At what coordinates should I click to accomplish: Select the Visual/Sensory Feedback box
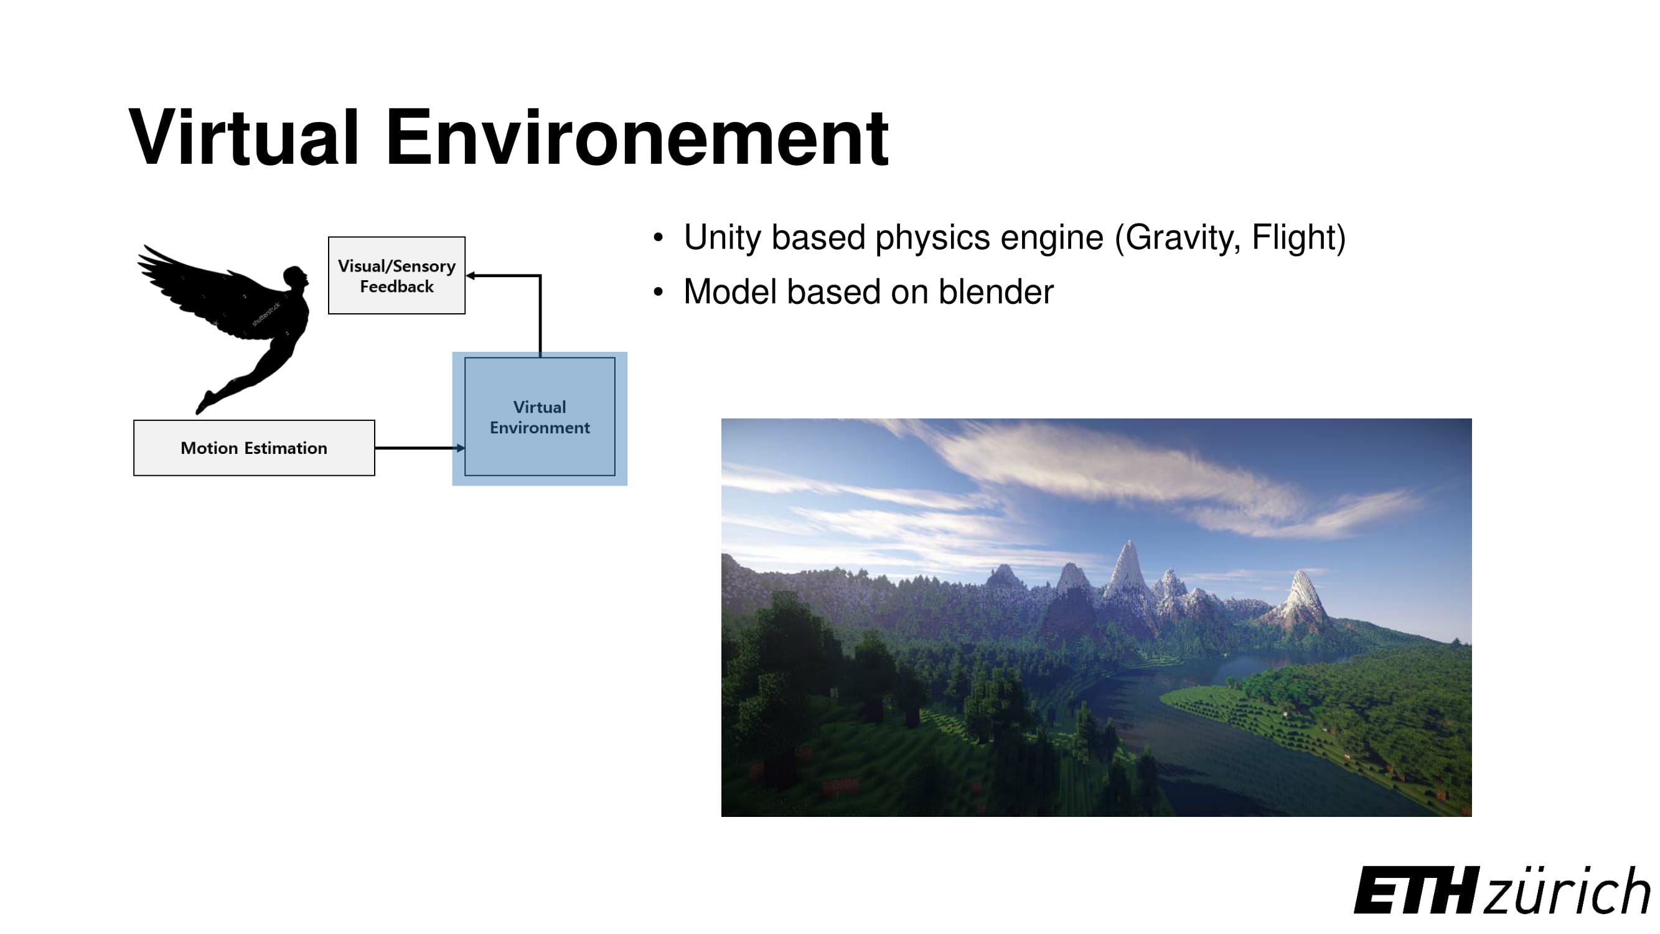click(x=396, y=275)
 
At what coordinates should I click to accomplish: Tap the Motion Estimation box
click(x=254, y=448)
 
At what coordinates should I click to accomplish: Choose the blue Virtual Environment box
click(x=540, y=417)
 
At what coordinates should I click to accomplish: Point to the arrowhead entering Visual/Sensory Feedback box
click(x=471, y=276)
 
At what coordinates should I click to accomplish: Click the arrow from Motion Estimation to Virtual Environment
click(x=419, y=447)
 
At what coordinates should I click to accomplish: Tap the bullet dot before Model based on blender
click(x=658, y=292)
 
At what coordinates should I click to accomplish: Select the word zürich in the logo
click(x=1566, y=890)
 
